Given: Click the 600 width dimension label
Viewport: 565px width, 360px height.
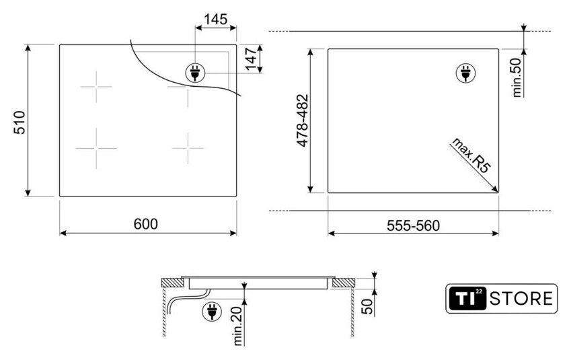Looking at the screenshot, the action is (x=145, y=224).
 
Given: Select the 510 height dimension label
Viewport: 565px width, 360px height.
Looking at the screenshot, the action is (x=20, y=122).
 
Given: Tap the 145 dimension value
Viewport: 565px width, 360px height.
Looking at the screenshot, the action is (x=216, y=19).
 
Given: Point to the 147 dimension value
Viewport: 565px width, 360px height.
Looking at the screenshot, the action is (x=250, y=58).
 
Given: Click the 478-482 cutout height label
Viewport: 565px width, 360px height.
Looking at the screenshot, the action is (x=303, y=120).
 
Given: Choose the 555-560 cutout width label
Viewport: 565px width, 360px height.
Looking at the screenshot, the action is (x=413, y=225).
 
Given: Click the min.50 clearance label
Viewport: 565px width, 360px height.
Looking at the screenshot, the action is (x=517, y=77).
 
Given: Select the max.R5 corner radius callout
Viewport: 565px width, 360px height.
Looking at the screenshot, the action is (x=472, y=155).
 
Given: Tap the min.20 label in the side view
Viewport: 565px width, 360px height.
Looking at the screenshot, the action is (x=238, y=326).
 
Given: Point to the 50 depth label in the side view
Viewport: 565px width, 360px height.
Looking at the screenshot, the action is (x=367, y=306).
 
